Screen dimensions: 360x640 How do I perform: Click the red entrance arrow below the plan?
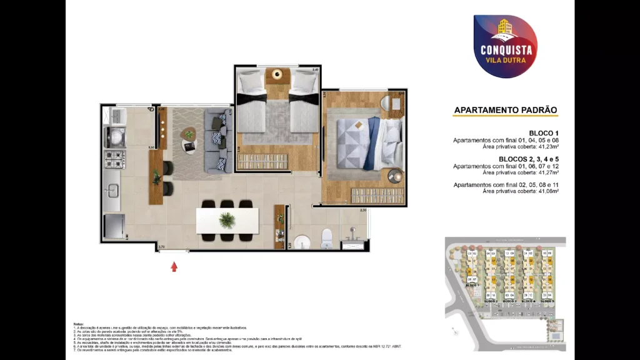point(174,267)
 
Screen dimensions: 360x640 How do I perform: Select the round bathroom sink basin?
point(302,241)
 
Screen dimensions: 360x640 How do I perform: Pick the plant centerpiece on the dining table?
point(227,220)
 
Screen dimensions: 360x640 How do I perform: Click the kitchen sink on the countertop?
point(113,191)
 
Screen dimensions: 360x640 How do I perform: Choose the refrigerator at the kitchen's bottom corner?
point(114,226)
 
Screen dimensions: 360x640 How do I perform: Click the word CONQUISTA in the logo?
point(506,49)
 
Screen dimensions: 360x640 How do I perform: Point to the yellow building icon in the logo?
point(505,29)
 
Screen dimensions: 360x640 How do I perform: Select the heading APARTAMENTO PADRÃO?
point(505,110)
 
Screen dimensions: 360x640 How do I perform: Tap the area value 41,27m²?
point(545,173)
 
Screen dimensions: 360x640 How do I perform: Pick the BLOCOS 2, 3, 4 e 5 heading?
point(529,159)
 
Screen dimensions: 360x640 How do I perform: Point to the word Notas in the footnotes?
point(78,324)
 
